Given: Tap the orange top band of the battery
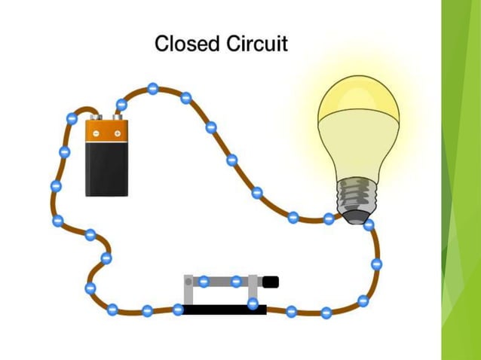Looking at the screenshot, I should tap(106, 133).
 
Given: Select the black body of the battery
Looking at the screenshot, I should tap(106, 169).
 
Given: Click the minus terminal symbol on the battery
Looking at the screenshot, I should tap(96, 133).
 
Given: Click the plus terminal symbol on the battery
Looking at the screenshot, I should tap(118, 133).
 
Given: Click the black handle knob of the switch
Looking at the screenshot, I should tap(271, 282).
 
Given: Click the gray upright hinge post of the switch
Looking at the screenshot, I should tap(189, 290).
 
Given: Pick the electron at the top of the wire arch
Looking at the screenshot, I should tap(152, 88).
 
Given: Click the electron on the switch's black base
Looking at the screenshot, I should tap(253, 304).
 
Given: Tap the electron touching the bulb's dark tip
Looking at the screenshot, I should tap(369, 224).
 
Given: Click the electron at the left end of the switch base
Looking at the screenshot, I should tap(178, 309).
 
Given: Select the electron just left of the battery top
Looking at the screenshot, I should tap(72, 118).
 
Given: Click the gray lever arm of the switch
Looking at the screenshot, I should tap(226, 281).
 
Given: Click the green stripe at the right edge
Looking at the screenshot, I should tap(461, 180).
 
